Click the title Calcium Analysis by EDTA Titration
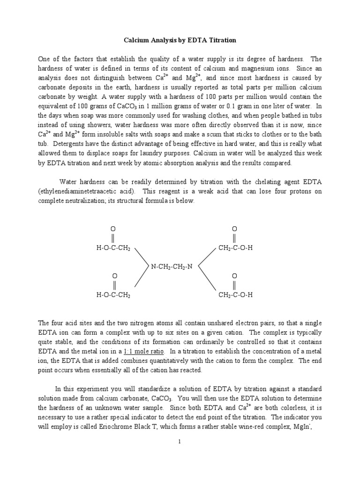(x=180, y=40)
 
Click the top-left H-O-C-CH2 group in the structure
(x=113, y=248)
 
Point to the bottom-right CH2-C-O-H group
(x=236, y=295)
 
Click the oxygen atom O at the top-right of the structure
(x=234, y=228)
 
